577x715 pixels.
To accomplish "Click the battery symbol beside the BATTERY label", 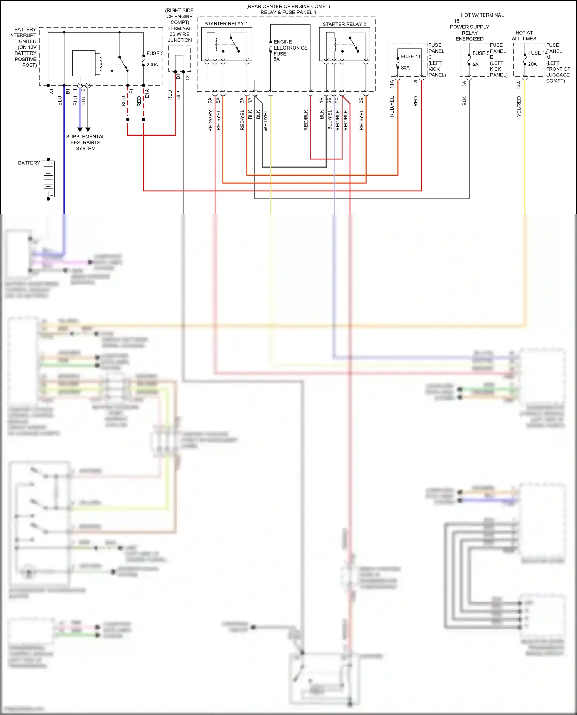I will [48, 179].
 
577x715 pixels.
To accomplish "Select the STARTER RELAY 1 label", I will [226, 24].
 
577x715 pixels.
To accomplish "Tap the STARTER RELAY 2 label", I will [344, 24].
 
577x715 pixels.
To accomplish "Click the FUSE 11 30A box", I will [409, 62].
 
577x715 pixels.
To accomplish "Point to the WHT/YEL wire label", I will [266, 121].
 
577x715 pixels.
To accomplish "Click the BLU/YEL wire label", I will [330, 119].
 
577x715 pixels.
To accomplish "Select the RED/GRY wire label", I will [211, 121].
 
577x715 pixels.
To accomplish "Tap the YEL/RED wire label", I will [519, 107].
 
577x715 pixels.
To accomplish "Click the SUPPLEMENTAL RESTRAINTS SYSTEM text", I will [85, 143].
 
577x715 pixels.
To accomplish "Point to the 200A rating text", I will [152, 65].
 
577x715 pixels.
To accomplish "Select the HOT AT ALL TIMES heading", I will [524, 36].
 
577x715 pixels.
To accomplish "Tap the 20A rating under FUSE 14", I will [532, 64].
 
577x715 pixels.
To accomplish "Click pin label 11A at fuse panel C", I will [392, 84].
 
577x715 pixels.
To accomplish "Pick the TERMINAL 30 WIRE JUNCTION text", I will [180, 34].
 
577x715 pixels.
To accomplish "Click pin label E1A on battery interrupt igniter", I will [147, 93].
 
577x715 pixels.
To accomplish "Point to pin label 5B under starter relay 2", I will [338, 100].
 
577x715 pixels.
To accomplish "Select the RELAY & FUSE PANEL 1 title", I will [288, 12].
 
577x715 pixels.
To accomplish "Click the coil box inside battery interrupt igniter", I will [84, 63].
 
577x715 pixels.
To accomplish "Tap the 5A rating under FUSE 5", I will [475, 65].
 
